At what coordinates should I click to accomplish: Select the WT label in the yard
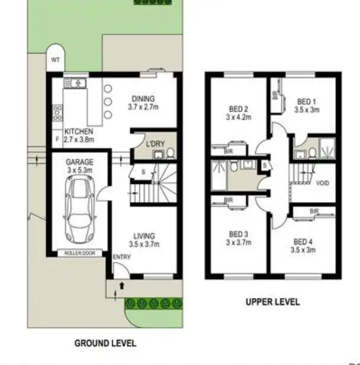pyautogui.click(x=55, y=59)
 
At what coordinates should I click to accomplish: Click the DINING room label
pyautogui.click(x=143, y=99)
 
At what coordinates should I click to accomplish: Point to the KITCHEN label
pyautogui.click(x=79, y=131)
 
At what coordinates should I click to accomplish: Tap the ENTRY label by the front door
pyautogui.click(x=121, y=257)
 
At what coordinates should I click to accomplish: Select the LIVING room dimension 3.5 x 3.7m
pyautogui.click(x=144, y=244)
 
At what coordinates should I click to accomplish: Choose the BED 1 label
pyautogui.click(x=306, y=101)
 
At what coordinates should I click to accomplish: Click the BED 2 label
pyautogui.click(x=237, y=108)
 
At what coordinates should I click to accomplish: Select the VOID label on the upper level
pyautogui.click(x=323, y=183)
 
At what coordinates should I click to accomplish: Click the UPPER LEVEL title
pyautogui.click(x=273, y=302)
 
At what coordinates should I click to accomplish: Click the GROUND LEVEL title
pyautogui.click(x=105, y=343)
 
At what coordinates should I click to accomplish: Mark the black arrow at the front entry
pyautogui.click(x=121, y=286)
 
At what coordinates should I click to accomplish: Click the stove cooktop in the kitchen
pyautogui.click(x=57, y=112)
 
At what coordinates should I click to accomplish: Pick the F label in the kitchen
pyautogui.click(x=57, y=139)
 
